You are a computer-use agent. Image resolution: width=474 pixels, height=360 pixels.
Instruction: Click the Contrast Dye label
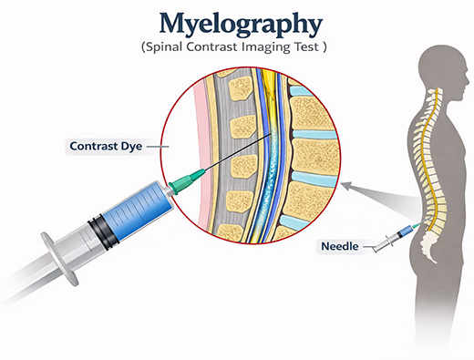click(104, 145)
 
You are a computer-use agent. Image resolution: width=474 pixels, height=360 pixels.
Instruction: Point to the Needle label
click(337, 246)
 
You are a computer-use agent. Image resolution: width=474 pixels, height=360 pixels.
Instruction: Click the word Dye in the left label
click(131, 145)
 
